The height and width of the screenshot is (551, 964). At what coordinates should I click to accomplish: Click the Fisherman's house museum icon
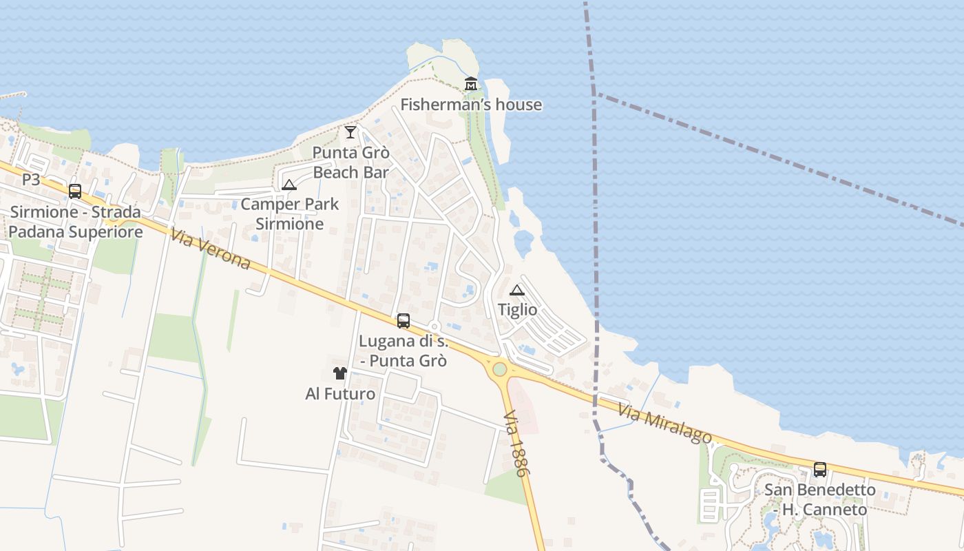pyautogui.click(x=471, y=84)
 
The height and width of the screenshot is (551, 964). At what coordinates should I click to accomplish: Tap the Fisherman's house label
pyautogui.click(x=471, y=105)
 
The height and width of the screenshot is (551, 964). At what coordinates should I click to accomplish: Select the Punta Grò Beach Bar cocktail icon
pyautogui.click(x=350, y=132)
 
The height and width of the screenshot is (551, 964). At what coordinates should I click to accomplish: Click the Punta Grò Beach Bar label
pyautogui.click(x=351, y=163)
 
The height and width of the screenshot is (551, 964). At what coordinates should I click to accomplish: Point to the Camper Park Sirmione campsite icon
pyautogui.click(x=289, y=185)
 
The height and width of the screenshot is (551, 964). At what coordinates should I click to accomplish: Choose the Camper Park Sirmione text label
pyautogui.click(x=289, y=214)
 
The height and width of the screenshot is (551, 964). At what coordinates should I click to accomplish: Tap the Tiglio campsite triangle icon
pyautogui.click(x=517, y=290)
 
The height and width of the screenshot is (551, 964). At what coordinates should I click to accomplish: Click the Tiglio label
pyautogui.click(x=517, y=310)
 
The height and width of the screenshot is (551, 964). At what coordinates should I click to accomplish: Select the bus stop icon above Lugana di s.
pyautogui.click(x=404, y=320)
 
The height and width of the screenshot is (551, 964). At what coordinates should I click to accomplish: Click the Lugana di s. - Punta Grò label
pyautogui.click(x=404, y=351)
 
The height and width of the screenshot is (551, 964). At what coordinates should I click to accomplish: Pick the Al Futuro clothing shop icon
pyautogui.click(x=340, y=373)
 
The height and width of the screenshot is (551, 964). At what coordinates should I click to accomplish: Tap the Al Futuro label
pyautogui.click(x=340, y=394)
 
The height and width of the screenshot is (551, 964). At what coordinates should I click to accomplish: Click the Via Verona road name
pyautogui.click(x=210, y=249)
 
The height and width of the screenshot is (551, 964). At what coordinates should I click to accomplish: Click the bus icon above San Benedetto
pyautogui.click(x=819, y=470)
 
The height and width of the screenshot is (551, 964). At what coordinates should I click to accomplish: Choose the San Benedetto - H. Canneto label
pyautogui.click(x=819, y=500)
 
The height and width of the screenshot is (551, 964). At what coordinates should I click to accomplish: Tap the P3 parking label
pyautogui.click(x=31, y=180)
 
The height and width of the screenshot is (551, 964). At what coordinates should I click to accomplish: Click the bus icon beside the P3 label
pyautogui.click(x=75, y=191)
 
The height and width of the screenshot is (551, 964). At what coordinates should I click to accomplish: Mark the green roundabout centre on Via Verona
pyautogui.click(x=500, y=369)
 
